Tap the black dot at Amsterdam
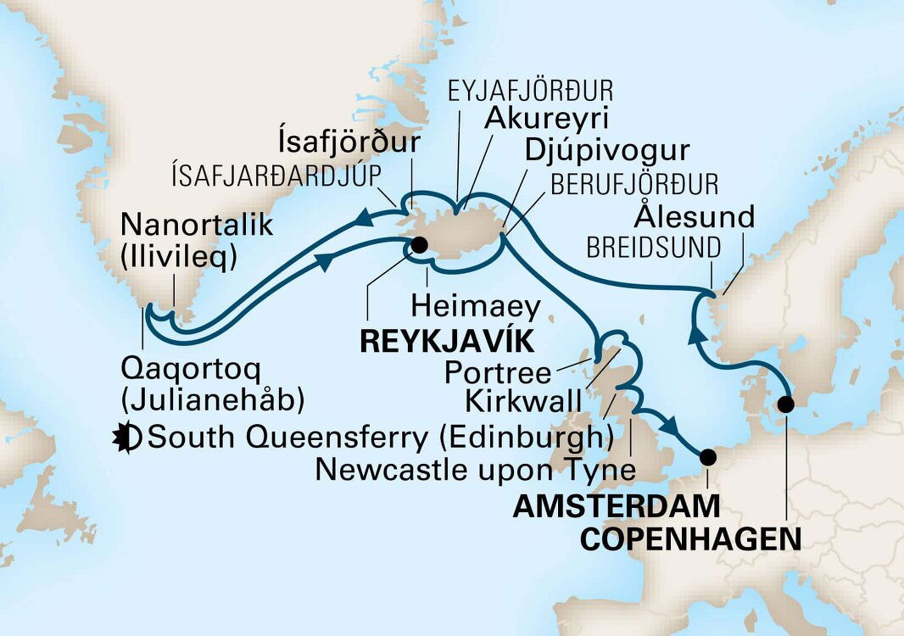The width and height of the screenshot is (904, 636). pos(708,458)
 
